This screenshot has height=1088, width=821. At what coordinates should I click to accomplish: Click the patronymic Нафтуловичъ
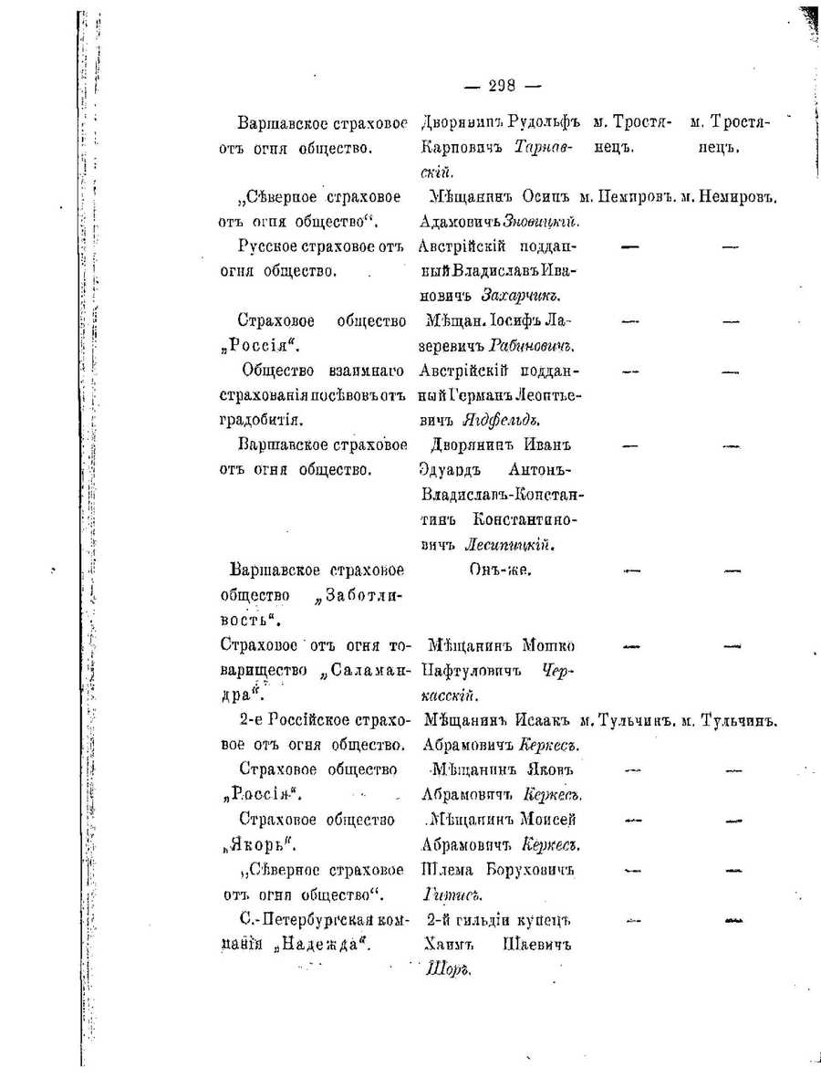coord(467,670)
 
